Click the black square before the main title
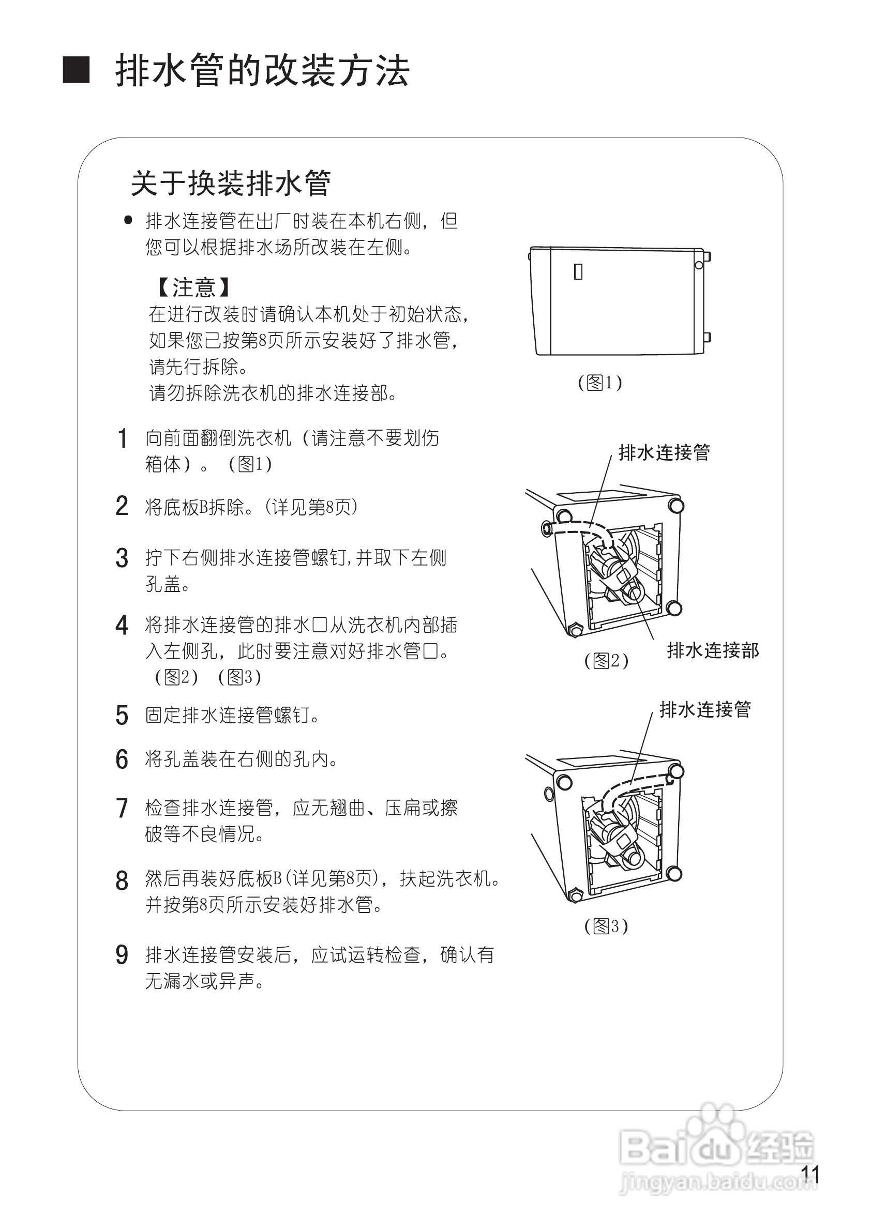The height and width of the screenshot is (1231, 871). pyautogui.click(x=76, y=70)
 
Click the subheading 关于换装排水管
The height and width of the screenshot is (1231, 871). pyautogui.click(x=231, y=184)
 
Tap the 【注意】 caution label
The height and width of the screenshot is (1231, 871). pyautogui.click(x=193, y=287)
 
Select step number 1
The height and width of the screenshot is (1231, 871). pyautogui.click(x=122, y=438)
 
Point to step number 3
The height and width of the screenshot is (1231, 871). pyautogui.click(x=122, y=558)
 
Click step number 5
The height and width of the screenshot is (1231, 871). pyautogui.click(x=122, y=715)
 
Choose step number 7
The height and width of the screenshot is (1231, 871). pyautogui.click(x=122, y=809)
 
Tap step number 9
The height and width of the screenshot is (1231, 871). pyautogui.click(x=122, y=955)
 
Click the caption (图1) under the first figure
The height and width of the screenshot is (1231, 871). pyautogui.click(x=599, y=383)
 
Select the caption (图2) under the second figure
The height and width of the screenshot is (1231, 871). pyautogui.click(x=606, y=661)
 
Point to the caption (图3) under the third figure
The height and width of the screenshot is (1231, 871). pyautogui.click(x=606, y=926)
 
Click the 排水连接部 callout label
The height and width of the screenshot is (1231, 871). pyautogui.click(x=713, y=651)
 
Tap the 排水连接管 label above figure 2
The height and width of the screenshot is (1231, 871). pyautogui.click(x=664, y=452)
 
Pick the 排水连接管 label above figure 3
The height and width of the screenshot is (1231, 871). pyautogui.click(x=705, y=709)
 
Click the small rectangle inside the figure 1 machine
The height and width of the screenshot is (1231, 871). pyautogui.click(x=578, y=272)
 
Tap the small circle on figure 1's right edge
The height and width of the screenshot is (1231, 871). pyautogui.click(x=698, y=265)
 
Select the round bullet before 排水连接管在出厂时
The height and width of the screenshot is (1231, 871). pyautogui.click(x=128, y=220)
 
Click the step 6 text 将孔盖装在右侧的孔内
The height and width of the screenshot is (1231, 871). pyautogui.click(x=242, y=759)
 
